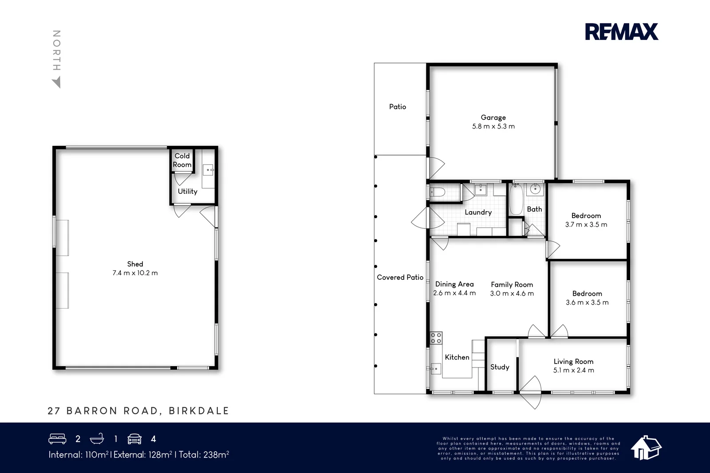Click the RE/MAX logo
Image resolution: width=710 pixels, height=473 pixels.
pos(621,32)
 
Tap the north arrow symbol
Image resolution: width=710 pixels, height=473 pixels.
pos(56,82)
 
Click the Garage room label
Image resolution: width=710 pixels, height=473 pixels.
pos(493,117)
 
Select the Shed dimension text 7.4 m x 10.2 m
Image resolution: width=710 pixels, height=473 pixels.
pos(135,273)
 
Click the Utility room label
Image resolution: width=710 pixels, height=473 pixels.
pos(187,192)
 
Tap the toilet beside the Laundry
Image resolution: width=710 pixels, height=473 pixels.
pos(437,192)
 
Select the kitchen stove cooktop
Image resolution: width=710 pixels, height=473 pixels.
pos(436,338)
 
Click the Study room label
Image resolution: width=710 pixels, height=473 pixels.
pos(500,367)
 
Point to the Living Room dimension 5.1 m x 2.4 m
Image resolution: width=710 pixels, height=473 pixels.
pos(573,370)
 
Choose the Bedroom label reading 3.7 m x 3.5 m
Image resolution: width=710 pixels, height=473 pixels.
pos(586,220)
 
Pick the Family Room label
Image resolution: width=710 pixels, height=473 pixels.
pos(512,285)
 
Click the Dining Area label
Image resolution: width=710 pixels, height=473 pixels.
pos(454,284)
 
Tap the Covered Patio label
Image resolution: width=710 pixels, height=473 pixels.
pos(400,278)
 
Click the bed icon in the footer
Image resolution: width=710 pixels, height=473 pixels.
pos(57,439)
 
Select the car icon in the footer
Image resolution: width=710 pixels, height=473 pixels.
pos(134,439)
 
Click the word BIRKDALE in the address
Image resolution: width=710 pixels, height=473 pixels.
pos(199,411)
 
